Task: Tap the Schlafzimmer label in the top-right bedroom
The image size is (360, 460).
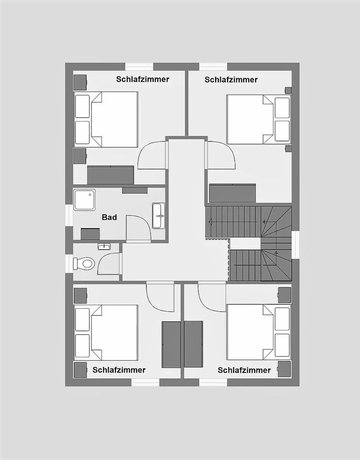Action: pyautogui.click(x=231, y=79)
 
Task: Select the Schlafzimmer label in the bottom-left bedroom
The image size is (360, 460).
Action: pyautogui.click(x=119, y=370)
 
